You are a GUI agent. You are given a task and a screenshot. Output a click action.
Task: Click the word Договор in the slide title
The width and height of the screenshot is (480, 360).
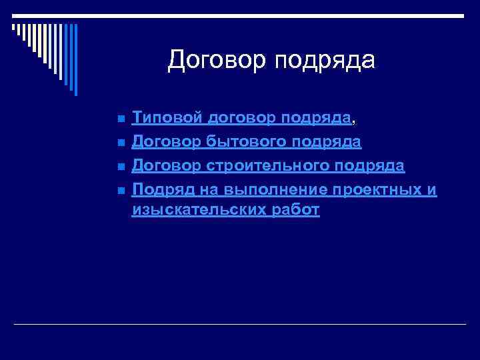211,60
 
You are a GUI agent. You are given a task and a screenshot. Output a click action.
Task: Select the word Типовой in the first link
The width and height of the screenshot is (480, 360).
167,119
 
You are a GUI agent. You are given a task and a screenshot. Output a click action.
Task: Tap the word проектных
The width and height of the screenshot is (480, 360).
375,189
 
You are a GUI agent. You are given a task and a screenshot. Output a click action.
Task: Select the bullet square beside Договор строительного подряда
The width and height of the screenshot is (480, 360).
120,167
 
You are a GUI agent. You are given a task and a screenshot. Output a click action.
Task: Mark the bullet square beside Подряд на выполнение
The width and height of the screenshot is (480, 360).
120,191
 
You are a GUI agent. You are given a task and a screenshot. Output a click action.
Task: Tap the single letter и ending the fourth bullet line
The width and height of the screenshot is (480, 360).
432,189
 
